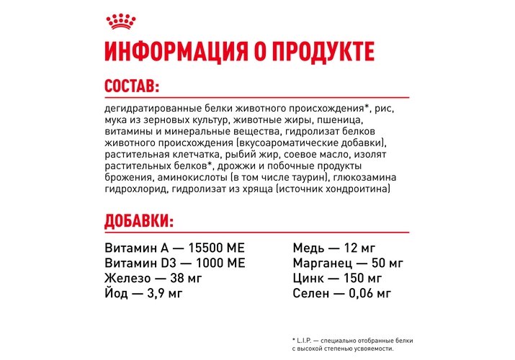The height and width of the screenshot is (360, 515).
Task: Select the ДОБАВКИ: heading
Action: tap(139, 220)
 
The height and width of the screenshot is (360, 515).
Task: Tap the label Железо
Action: tap(127, 278)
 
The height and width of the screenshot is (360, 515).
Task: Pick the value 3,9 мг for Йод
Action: tap(162, 293)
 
